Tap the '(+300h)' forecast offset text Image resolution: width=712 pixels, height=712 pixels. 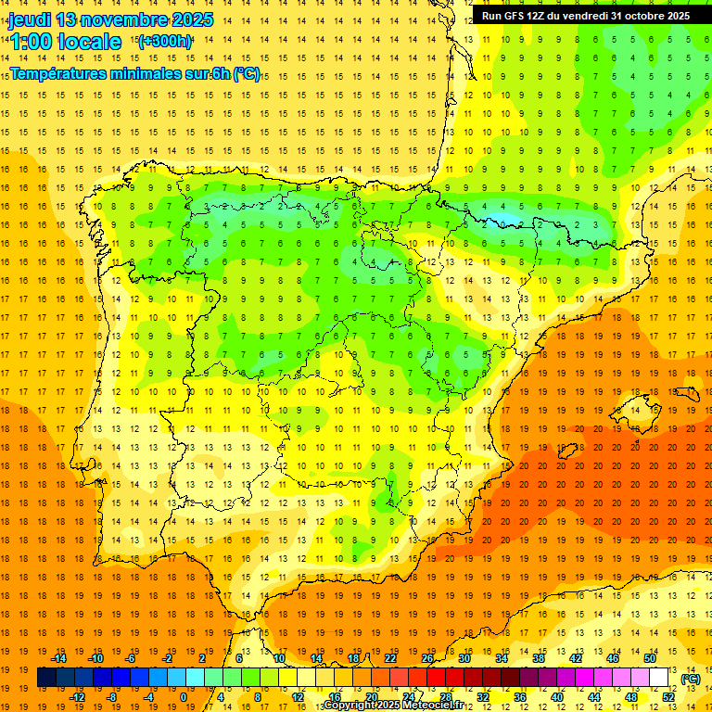coord(165,41)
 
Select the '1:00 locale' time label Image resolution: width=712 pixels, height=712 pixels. coord(66,42)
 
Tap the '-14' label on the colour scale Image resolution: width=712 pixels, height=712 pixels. coord(60,658)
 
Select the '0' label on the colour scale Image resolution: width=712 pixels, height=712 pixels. coord(183,697)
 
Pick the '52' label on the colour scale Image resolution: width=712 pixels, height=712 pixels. coord(668,697)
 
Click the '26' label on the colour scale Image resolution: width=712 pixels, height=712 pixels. coord(427,658)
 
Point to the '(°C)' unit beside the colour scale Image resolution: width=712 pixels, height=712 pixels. coord(691,679)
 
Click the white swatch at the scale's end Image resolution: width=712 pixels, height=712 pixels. coord(659,678)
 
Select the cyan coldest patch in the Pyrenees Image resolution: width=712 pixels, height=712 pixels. coord(502,221)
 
